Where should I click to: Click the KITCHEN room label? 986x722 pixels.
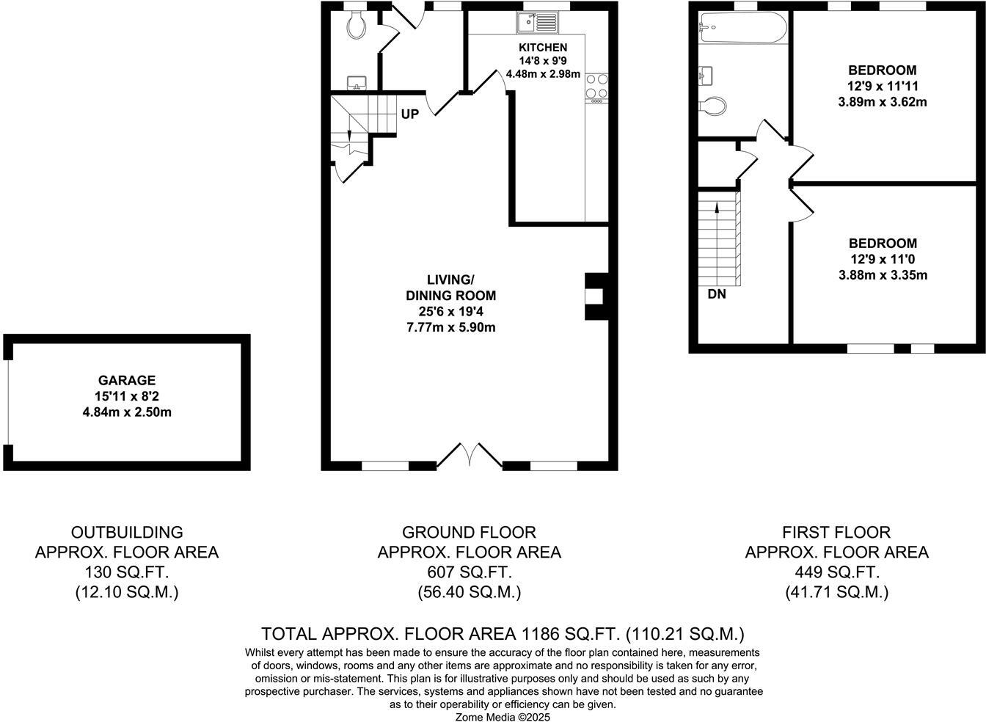coord(544,47)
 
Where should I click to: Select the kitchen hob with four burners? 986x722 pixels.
coord(596,86)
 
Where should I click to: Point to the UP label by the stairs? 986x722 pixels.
coord(409,114)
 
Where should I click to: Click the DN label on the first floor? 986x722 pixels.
coord(717,294)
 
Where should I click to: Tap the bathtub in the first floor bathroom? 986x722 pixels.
coord(742,28)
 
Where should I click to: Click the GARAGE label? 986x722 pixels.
coord(127,380)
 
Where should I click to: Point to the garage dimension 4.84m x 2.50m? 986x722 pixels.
coord(127,412)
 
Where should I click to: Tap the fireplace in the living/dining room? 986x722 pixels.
coord(594,296)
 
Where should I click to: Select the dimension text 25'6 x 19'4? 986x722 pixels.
coord(451,312)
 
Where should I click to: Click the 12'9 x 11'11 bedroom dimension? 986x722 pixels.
coord(882,86)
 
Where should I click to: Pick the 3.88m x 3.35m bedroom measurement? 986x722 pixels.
coord(883,275)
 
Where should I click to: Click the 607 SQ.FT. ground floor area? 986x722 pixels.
coord(469,572)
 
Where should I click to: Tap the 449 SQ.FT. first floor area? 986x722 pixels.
coord(836,572)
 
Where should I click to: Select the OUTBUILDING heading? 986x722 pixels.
coord(127,532)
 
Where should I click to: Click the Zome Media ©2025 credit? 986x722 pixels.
coord(503,716)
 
